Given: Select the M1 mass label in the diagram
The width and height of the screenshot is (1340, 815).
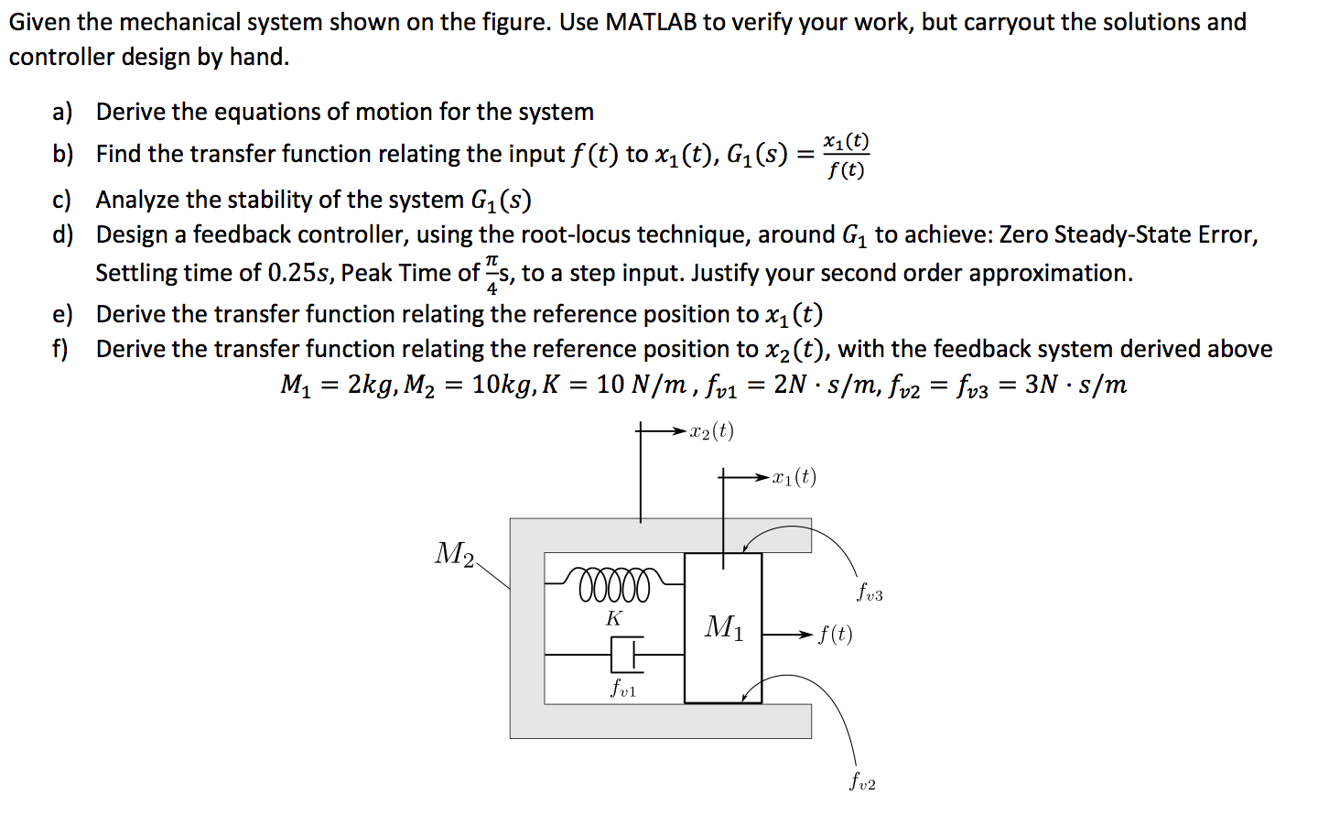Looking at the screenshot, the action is point(723,627).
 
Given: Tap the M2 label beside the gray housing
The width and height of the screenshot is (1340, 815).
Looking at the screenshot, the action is point(454,554).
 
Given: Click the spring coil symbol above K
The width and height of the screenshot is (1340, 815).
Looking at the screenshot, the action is point(614,584).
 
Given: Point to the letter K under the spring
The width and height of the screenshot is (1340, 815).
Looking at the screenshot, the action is point(613,618).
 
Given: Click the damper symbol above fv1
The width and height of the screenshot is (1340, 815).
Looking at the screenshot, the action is point(627,655).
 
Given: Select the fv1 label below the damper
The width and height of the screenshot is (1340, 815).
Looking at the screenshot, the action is point(622,688).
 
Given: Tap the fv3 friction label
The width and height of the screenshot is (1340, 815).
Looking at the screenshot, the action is point(870,592).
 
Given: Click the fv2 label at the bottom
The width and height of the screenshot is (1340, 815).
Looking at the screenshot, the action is point(861,782).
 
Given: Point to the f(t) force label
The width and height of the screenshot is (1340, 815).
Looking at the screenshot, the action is point(835,634).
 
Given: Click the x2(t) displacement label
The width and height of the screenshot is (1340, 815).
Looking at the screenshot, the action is point(711,430).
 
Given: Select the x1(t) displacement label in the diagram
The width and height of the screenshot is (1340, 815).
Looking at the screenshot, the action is point(794,477).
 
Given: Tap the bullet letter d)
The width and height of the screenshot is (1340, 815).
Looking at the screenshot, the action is point(62,235).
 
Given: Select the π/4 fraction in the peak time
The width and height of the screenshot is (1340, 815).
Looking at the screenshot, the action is point(492,274).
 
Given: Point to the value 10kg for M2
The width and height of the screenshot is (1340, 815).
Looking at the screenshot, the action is point(502,385).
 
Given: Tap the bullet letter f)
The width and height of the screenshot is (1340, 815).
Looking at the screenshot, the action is point(60,349).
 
